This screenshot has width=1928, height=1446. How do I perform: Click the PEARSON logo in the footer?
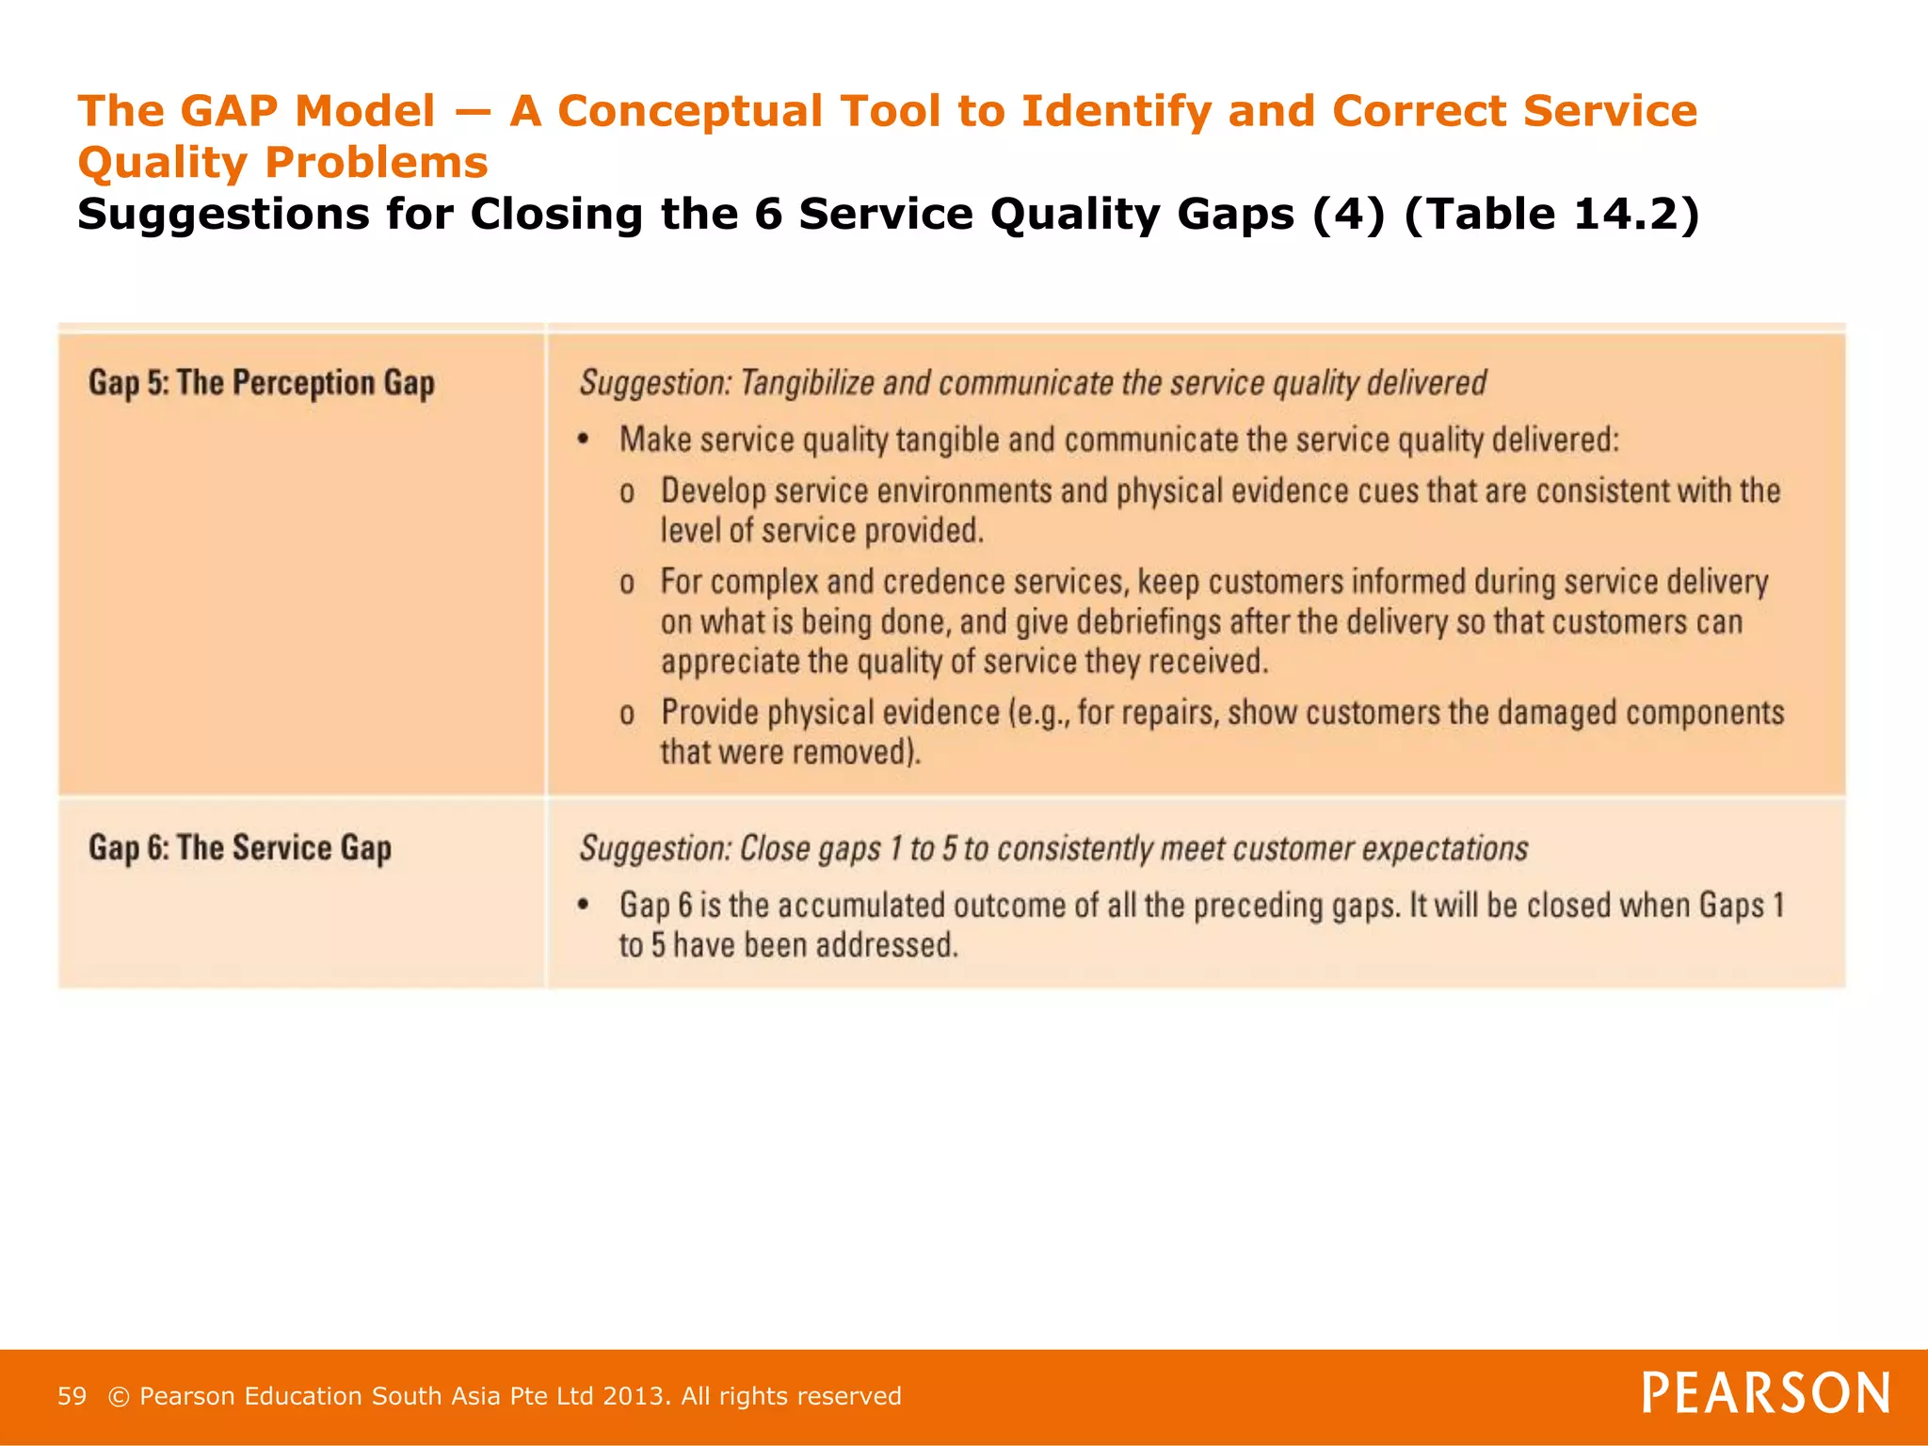1766,1392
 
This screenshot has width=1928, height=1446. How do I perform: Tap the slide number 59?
72,1396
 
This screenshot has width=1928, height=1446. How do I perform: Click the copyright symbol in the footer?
119,1396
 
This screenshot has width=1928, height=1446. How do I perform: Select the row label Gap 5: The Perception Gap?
262,383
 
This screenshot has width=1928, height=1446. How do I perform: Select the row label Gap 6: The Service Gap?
240,848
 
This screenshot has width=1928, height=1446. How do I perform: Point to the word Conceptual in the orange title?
690,111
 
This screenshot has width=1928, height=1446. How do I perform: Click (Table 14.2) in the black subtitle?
1551,214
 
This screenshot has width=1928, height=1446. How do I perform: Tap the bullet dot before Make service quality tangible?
584,439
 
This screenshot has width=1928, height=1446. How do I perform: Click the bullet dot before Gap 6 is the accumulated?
584,905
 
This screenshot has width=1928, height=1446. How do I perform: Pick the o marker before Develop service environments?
627,492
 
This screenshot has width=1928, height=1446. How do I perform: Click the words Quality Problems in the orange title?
282,162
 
